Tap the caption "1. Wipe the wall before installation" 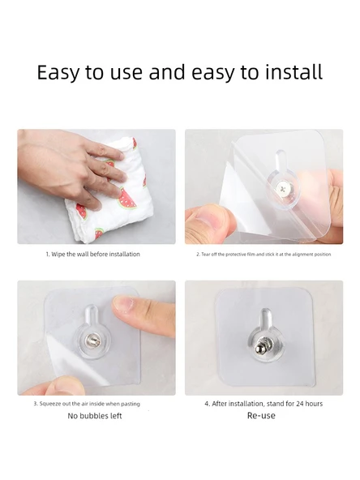click(x=92, y=254)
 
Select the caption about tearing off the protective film click(x=264, y=254)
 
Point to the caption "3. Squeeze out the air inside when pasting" click(x=87, y=404)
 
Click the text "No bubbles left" click(x=95, y=416)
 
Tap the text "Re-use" click(x=261, y=415)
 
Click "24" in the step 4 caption click(x=300, y=404)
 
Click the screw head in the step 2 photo click(x=283, y=187)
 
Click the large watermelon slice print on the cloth click(x=127, y=199)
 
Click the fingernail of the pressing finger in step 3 click(x=123, y=305)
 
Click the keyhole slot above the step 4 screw click(x=265, y=320)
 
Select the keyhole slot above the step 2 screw click(x=281, y=161)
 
